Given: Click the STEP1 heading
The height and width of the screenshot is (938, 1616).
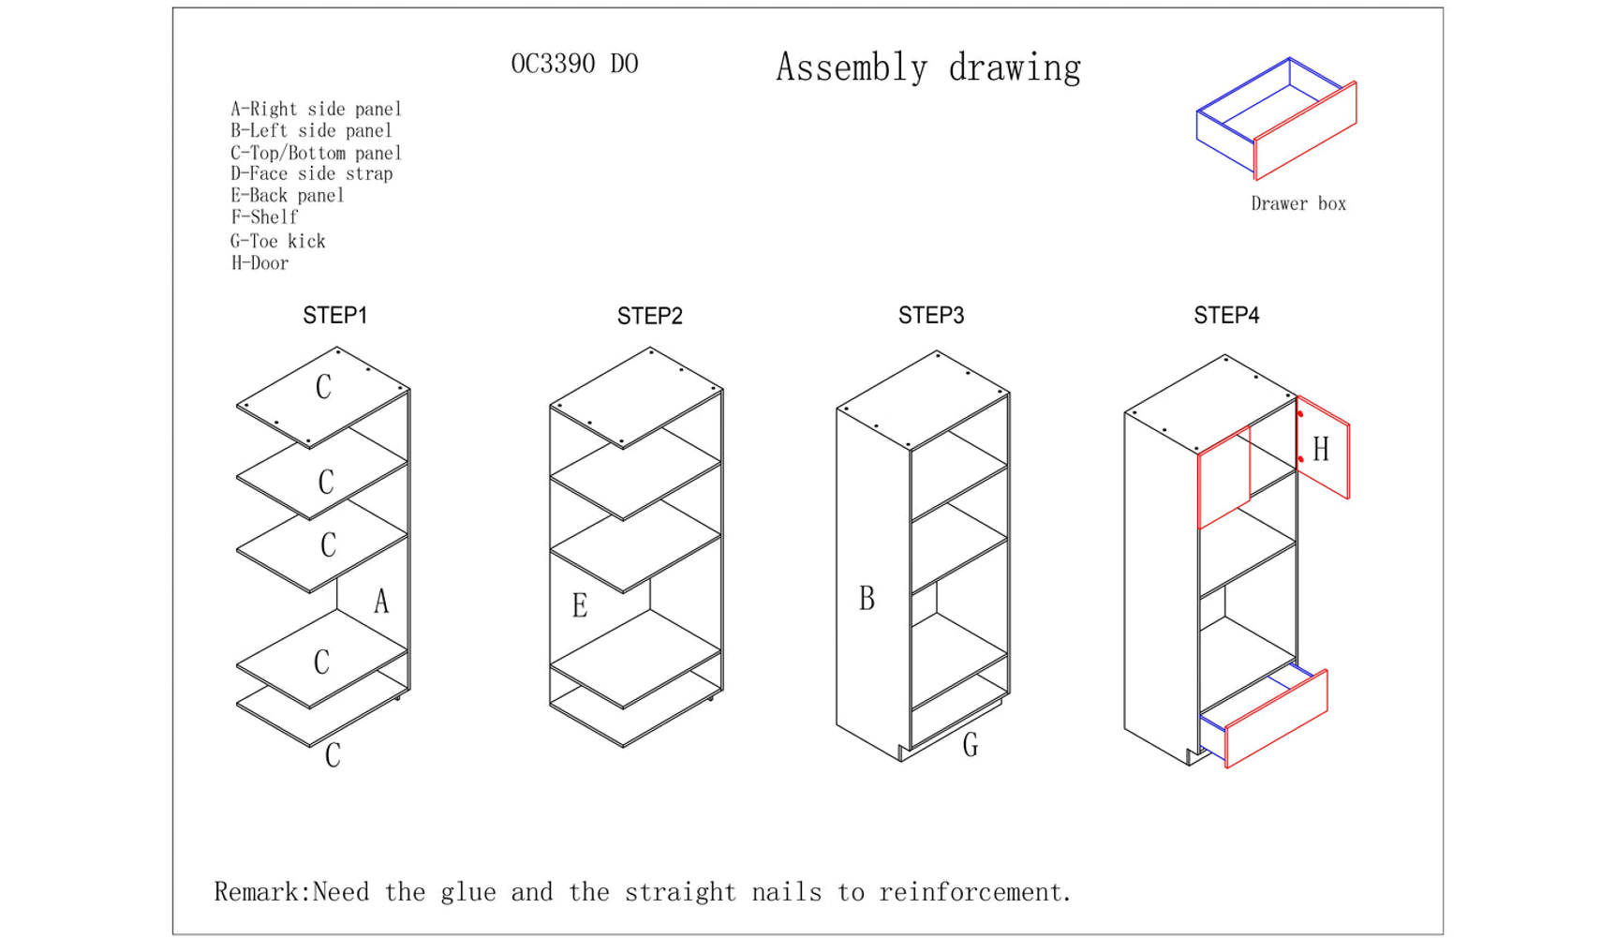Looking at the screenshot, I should click(334, 316).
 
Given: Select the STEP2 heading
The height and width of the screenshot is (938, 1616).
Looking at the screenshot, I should click(649, 317).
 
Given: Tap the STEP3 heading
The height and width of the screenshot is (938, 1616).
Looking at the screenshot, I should click(931, 316).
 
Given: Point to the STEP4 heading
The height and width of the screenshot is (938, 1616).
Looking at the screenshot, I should click(1226, 316).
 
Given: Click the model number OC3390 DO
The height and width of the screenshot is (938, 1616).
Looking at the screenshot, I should click(574, 64).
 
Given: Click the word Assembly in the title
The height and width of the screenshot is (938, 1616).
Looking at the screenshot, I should click(852, 68).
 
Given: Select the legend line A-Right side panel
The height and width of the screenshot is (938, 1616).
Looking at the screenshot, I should click(316, 109).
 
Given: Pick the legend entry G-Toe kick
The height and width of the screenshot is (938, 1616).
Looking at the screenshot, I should click(278, 241).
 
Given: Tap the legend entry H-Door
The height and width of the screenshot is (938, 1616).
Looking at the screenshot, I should click(259, 263).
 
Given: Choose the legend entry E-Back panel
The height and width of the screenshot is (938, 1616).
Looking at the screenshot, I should click(288, 196).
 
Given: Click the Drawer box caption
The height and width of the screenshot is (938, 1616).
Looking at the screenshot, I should click(1298, 203).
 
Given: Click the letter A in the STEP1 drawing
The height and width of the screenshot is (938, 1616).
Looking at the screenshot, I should click(381, 602).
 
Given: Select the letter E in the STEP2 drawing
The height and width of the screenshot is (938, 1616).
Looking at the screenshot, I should click(580, 606).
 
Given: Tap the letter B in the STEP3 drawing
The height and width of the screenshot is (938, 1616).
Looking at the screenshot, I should click(867, 599).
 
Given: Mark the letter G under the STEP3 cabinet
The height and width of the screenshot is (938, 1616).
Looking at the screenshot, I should click(971, 745).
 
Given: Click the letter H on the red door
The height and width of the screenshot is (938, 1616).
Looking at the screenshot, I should click(1321, 450).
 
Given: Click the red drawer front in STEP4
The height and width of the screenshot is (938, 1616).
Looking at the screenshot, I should click(1276, 720).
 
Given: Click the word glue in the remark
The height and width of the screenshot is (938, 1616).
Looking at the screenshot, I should click(468, 892).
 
